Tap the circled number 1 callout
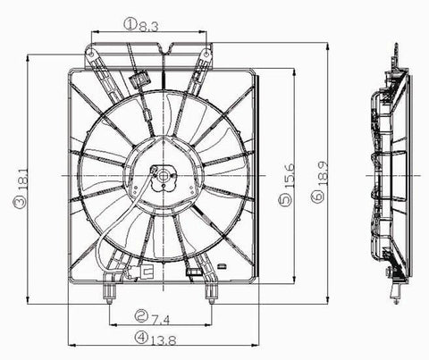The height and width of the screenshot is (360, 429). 130,26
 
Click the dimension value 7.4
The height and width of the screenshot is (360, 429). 161,315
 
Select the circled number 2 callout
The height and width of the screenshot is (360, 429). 142,315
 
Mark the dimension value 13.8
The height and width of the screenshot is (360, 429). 163,338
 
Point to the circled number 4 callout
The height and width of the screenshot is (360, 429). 142,338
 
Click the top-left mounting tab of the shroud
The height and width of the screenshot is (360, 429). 93,54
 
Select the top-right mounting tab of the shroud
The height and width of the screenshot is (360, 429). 208,54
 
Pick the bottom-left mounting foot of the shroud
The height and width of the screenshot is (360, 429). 109,289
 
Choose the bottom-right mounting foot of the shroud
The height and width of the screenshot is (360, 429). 212,289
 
